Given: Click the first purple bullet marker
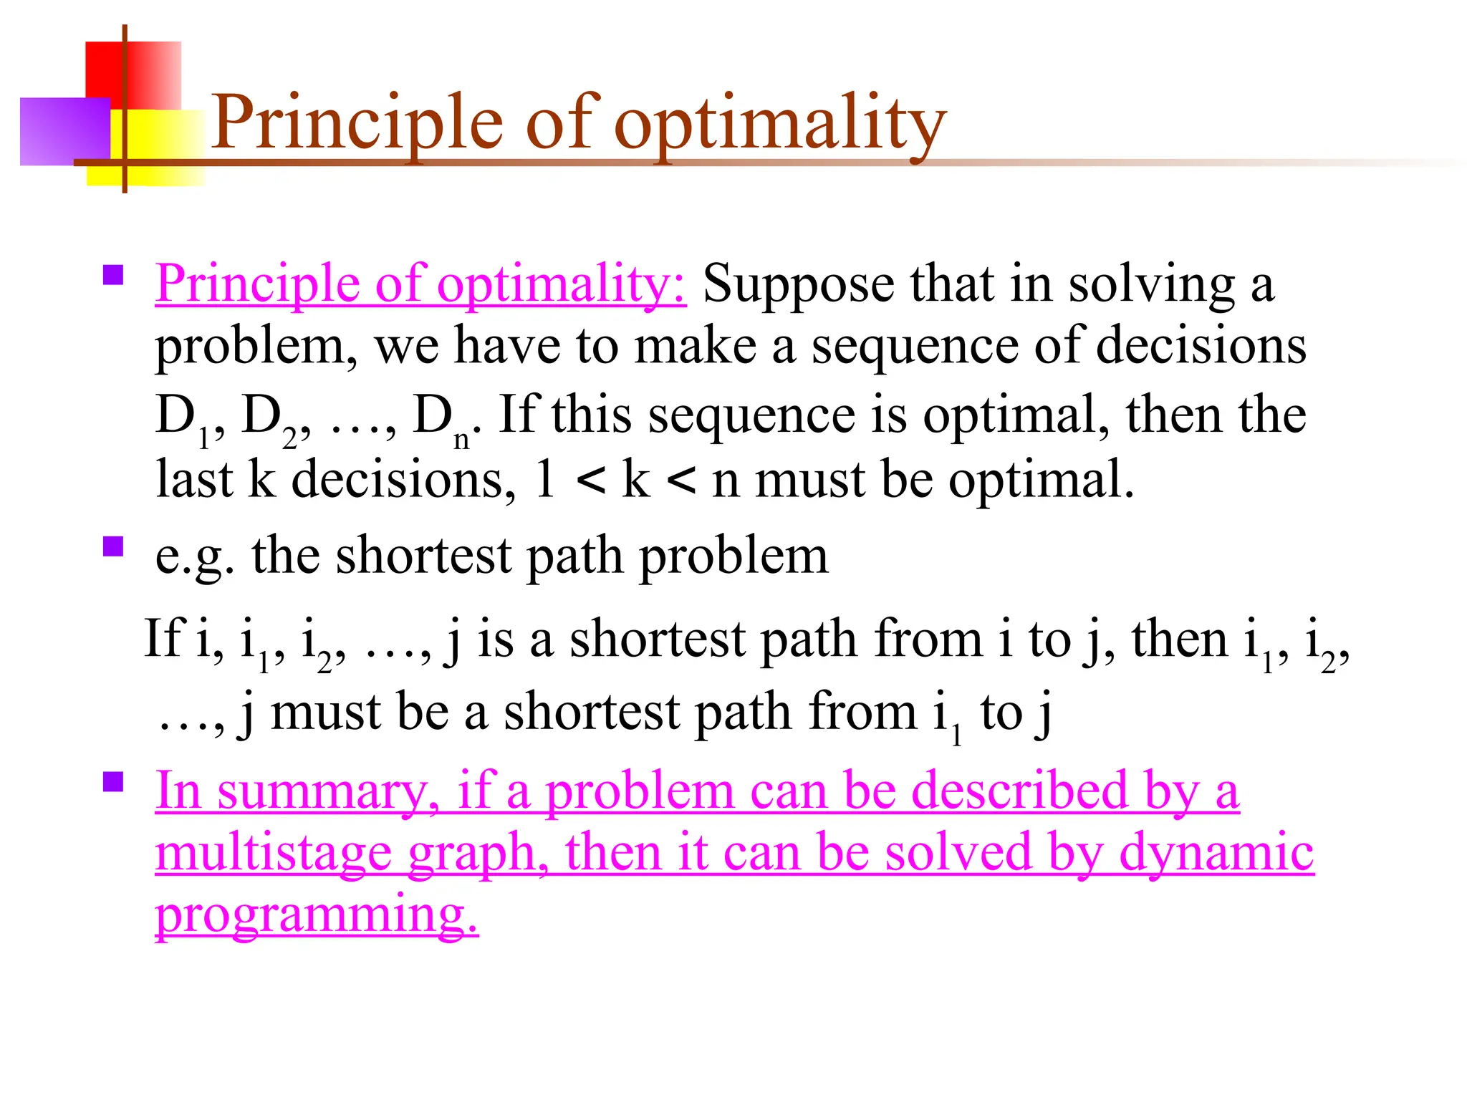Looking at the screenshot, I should (x=113, y=276).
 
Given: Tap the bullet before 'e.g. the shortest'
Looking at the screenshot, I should (x=113, y=547).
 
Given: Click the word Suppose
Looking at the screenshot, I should (x=798, y=285).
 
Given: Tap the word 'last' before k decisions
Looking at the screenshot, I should (x=193, y=479).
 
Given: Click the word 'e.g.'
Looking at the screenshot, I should (x=194, y=557).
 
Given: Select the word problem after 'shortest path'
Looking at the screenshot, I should (x=733, y=557).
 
